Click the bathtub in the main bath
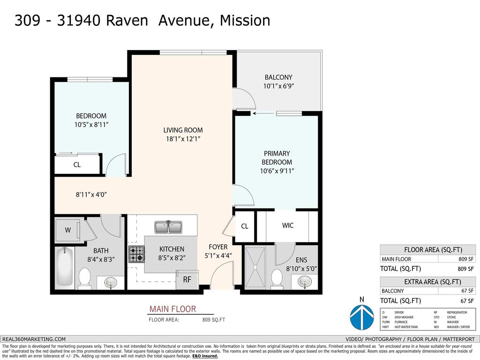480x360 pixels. pos(65,268)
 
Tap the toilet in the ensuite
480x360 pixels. pos(277,278)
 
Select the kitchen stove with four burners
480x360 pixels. pos(136,254)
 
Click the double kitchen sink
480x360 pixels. pos(169,227)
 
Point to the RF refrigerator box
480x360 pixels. pos(187,280)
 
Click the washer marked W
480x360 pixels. pos(67,230)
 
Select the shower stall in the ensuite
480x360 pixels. pos(255,268)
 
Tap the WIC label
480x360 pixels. pos(287,225)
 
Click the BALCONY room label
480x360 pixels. pos(278,77)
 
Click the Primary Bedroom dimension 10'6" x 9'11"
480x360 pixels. pos(277,171)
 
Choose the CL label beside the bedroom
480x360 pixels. pos(77,165)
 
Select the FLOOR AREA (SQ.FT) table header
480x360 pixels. pos(427,249)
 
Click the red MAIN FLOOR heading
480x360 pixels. pos(172,309)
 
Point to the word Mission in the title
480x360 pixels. pos(245,21)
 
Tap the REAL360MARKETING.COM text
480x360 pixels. pos(34,339)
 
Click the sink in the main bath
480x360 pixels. pos(111,283)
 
